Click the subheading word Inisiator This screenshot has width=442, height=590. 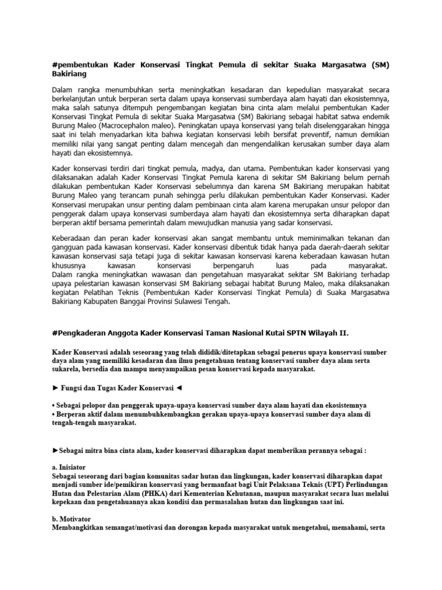pyautogui.click(x=71, y=467)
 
